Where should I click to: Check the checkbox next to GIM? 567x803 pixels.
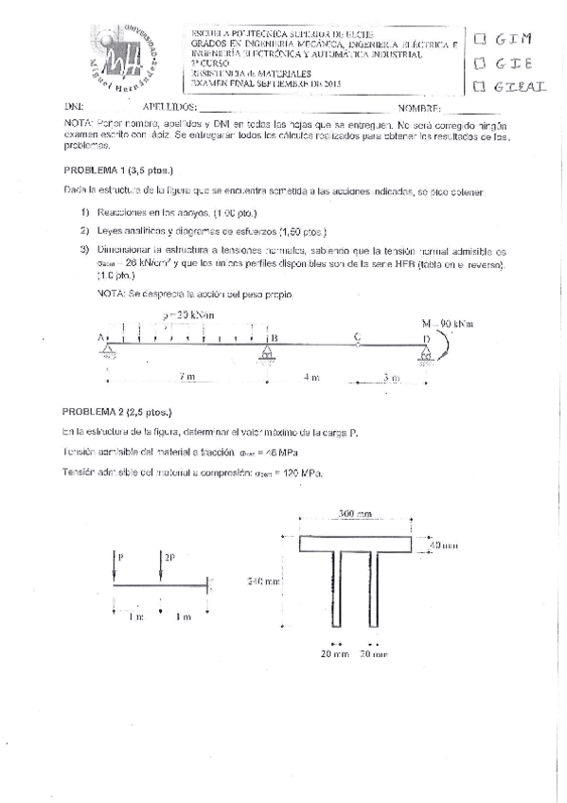pyautogui.click(x=480, y=39)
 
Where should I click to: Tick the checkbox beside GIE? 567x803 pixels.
pyautogui.click(x=480, y=63)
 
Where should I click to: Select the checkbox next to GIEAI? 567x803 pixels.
pyautogui.click(x=480, y=88)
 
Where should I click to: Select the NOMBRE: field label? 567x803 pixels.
pyautogui.click(x=420, y=109)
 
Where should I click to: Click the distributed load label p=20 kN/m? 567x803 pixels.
pyautogui.click(x=188, y=314)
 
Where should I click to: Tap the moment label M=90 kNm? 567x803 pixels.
pyautogui.click(x=448, y=323)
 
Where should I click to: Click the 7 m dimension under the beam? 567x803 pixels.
pyautogui.click(x=187, y=377)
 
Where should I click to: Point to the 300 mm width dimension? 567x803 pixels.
pyautogui.click(x=354, y=513)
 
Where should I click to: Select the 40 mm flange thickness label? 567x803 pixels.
pyautogui.click(x=441, y=546)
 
